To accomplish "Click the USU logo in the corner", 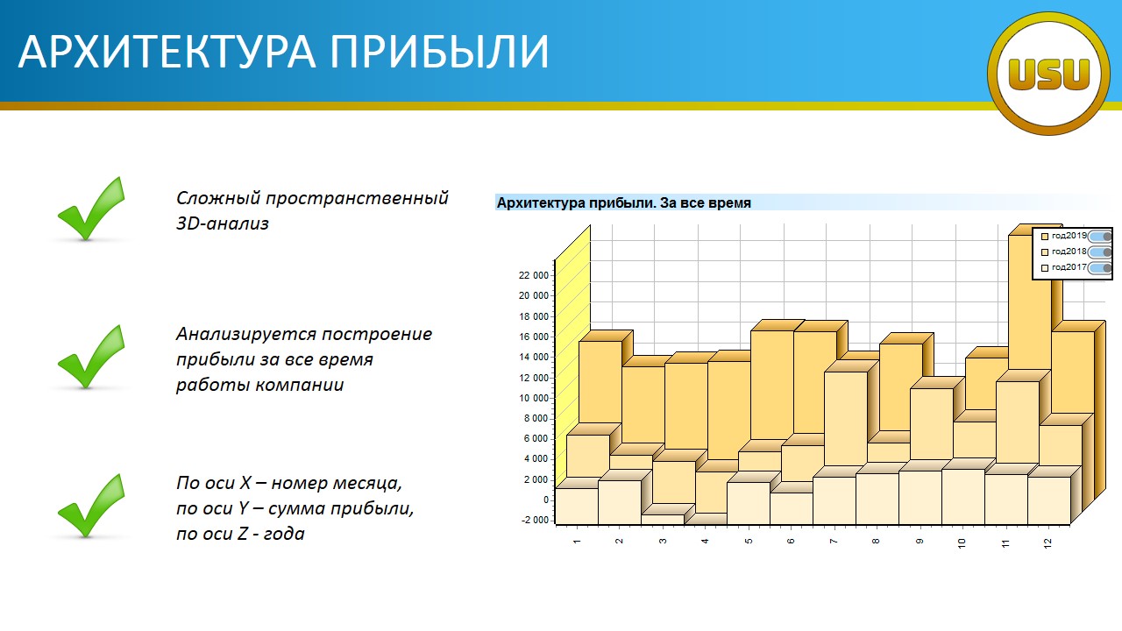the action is coord(1048,74).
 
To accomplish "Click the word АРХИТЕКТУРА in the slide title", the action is coord(167,52).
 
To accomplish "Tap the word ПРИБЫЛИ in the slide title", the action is coord(439,52).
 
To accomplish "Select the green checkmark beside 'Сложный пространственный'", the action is coord(91,209).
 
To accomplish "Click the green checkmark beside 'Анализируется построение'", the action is coord(91,357).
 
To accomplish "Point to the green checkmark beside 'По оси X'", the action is coord(91,506).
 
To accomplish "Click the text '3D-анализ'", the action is coord(223,223).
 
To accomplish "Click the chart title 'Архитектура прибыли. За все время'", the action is coord(623,202).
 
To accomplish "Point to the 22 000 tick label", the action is coord(534,275).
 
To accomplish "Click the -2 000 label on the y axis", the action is coord(535,521).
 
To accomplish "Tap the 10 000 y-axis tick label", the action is coord(534,398).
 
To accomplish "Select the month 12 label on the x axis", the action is coord(1047,543).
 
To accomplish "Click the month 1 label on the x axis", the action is coord(577,542).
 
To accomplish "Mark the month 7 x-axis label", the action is coord(834,542).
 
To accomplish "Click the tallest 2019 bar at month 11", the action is coord(1030,301).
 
